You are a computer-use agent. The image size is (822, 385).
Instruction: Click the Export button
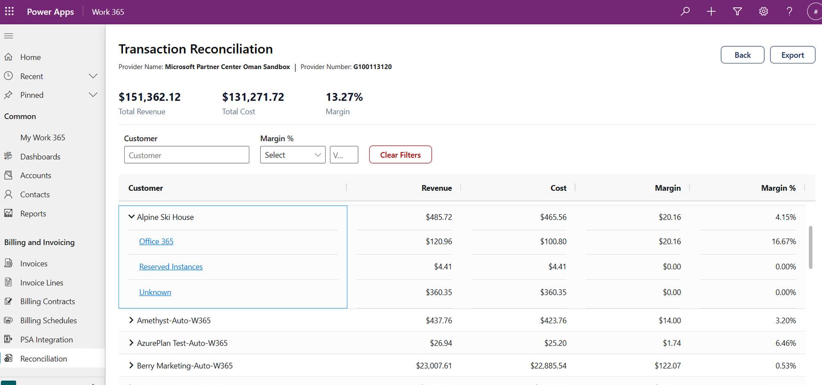pyautogui.click(x=792, y=55)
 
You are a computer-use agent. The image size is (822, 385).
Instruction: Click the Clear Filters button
pyautogui.click(x=400, y=155)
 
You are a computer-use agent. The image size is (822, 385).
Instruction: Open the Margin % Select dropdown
pyautogui.click(x=292, y=155)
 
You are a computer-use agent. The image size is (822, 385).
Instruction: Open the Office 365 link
pyautogui.click(x=156, y=241)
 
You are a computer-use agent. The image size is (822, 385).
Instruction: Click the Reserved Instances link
pyautogui.click(x=171, y=267)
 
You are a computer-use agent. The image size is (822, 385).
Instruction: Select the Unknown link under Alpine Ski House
pyautogui.click(x=155, y=292)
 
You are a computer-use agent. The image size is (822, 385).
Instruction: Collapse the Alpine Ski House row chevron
pyautogui.click(x=132, y=217)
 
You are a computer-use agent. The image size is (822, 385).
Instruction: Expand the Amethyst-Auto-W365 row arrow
pyautogui.click(x=131, y=320)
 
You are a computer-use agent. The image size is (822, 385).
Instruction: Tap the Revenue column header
pyautogui.click(x=436, y=188)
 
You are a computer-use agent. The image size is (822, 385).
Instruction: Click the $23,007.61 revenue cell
pyautogui.click(x=434, y=366)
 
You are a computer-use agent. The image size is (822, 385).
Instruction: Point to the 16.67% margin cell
pyautogui.click(x=784, y=241)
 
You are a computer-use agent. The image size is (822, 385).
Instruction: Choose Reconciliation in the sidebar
pyautogui.click(x=44, y=359)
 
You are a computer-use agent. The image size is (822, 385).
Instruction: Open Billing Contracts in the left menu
pyautogui.click(x=47, y=301)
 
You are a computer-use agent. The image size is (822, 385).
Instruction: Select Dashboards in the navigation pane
pyautogui.click(x=40, y=156)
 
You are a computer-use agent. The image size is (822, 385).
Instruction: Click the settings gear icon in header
pyautogui.click(x=763, y=12)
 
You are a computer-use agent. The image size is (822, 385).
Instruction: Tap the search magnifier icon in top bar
pyautogui.click(x=685, y=12)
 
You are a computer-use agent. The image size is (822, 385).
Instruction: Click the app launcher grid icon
pyautogui.click(x=9, y=11)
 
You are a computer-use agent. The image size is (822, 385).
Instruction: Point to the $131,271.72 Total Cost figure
pyautogui.click(x=253, y=97)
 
